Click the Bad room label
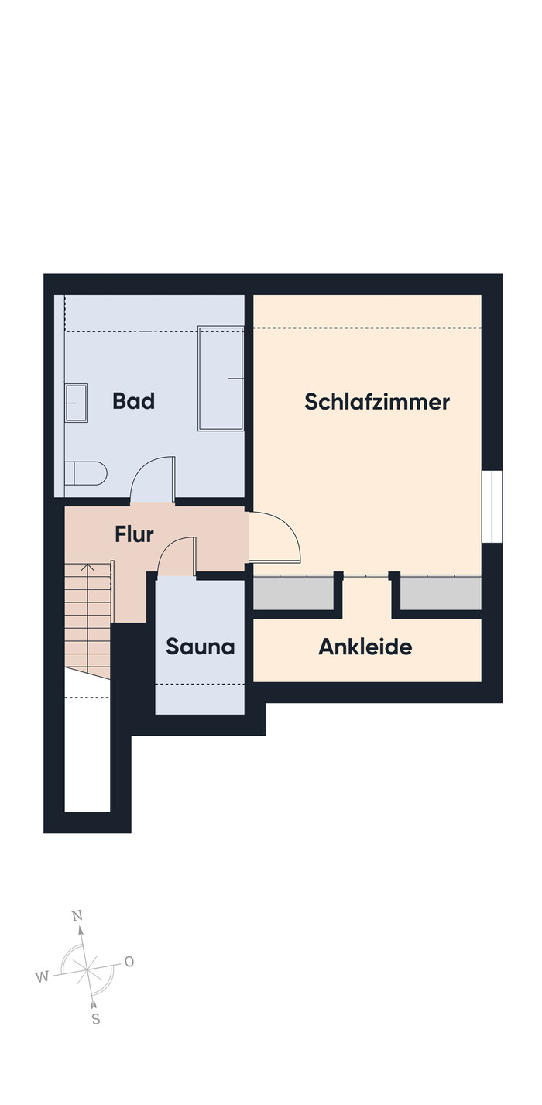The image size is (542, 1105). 134,400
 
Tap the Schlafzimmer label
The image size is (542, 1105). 377,402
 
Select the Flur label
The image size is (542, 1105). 134,534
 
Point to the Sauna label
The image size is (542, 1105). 201,647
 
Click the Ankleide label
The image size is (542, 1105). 365,647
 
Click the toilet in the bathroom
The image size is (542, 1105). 86,473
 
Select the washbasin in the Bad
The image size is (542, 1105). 77,403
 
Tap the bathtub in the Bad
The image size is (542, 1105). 221,379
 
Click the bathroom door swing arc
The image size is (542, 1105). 153,478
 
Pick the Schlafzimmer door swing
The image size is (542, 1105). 275,537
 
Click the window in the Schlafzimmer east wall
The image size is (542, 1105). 492,506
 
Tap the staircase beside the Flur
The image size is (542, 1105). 87,620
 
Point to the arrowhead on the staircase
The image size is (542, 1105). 87,567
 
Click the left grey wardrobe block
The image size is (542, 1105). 293,592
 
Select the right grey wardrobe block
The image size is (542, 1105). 441,592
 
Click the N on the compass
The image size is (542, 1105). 77,916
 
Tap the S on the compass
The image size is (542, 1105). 96,1019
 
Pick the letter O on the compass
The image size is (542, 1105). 129,962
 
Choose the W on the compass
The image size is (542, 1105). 42,976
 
